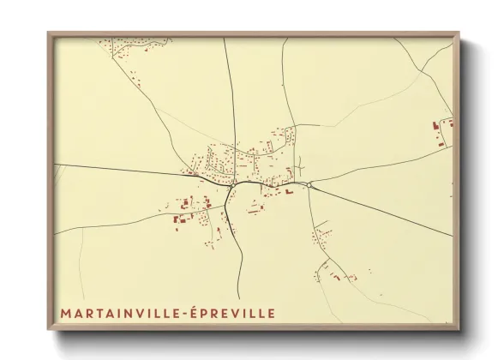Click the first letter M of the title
pyautogui.click(x=65, y=314)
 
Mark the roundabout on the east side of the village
pyautogui.click(x=308, y=184)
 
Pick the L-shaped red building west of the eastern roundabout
pyautogui.click(x=289, y=192)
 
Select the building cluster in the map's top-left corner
pyautogui.click(x=129, y=51)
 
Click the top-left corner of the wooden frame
pyautogui.click(x=50, y=34)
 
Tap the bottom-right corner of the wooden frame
pyautogui.click(x=458, y=328)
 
